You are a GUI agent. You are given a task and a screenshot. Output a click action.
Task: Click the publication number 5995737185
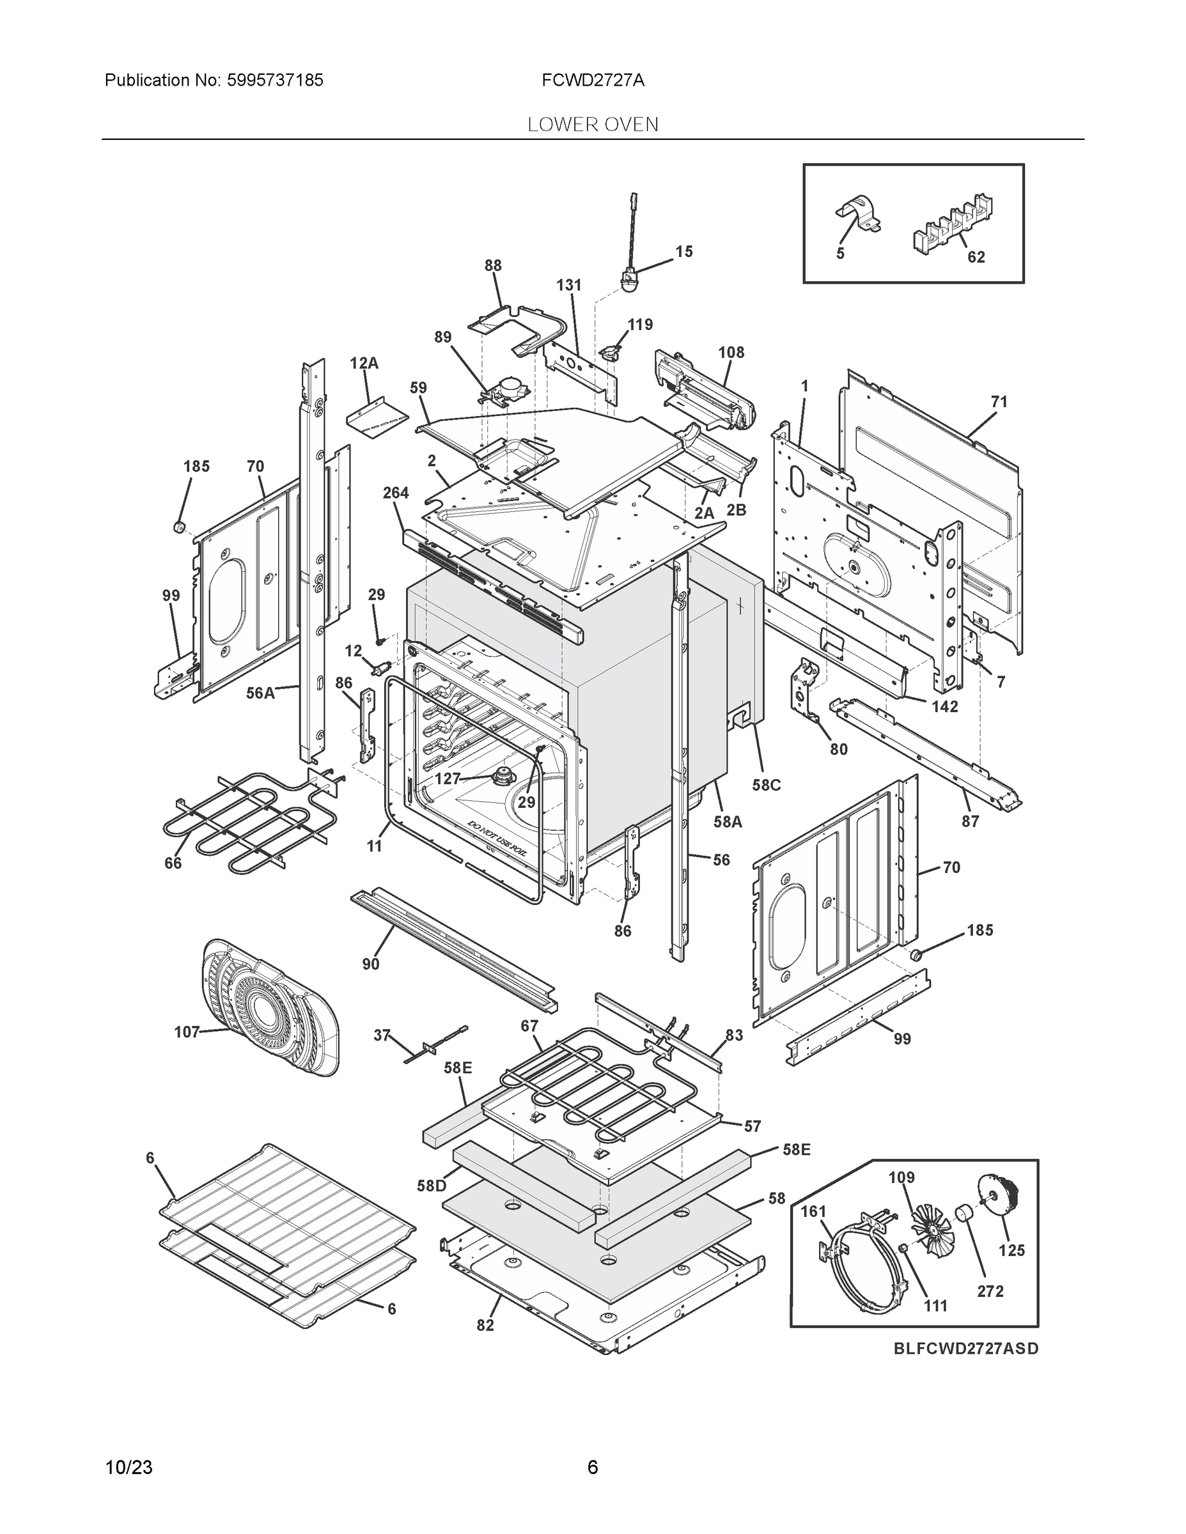coord(276,80)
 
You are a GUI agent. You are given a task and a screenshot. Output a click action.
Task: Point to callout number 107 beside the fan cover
coord(186,1032)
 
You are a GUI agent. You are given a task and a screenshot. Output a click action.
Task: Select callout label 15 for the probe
coord(683,251)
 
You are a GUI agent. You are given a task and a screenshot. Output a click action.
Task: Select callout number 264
coord(396,493)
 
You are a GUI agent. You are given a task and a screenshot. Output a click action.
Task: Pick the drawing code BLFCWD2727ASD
coord(965,1349)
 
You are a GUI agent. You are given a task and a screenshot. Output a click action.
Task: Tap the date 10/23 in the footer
coord(129,1467)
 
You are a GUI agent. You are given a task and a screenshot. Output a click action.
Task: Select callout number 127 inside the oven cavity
coord(447,779)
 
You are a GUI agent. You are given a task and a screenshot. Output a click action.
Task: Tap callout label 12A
coord(364,363)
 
